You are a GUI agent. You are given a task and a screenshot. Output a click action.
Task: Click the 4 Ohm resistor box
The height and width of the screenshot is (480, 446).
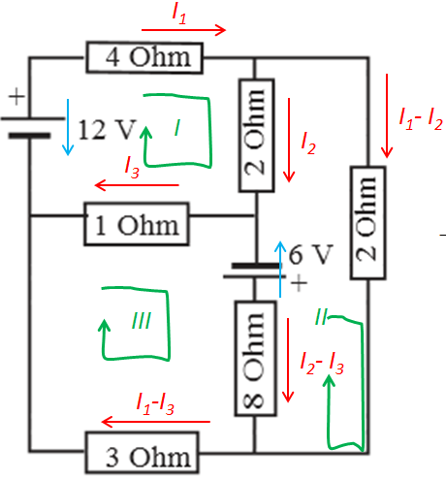point(144,57)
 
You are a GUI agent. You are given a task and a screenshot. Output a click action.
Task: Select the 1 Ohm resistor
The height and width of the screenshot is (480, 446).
point(137,224)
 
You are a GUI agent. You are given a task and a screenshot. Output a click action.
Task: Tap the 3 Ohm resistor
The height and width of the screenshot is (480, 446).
point(143,453)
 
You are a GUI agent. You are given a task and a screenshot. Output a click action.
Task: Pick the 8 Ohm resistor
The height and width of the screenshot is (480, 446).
point(255,358)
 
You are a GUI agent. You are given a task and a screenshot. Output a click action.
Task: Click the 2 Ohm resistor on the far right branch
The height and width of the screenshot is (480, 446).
point(367,223)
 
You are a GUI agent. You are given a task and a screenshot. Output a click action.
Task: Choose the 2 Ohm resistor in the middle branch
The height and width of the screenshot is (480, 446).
point(257,136)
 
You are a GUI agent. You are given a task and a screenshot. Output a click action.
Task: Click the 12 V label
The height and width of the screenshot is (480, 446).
point(107,130)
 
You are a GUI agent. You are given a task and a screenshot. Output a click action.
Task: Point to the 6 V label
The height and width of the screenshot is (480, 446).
point(310,254)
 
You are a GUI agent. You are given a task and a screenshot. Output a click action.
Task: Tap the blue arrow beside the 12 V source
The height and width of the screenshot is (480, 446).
point(68,127)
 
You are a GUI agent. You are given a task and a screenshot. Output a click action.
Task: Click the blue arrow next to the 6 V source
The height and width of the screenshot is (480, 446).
point(280,269)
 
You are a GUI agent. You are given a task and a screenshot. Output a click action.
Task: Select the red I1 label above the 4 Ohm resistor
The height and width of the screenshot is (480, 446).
point(179,15)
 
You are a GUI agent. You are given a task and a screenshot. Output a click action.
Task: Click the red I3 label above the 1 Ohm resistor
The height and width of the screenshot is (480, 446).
point(132,168)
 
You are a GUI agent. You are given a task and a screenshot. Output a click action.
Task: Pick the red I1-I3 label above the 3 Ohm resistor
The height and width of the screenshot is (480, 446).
point(155,404)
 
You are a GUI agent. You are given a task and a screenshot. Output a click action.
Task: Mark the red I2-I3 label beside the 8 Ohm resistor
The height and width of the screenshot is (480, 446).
point(322,364)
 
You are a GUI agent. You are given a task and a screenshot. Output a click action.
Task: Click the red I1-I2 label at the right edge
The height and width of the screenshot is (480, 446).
point(421,119)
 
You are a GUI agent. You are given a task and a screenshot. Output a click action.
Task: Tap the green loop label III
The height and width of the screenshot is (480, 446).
point(142,321)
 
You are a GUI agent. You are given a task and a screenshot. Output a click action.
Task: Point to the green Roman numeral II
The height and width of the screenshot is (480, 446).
point(321,316)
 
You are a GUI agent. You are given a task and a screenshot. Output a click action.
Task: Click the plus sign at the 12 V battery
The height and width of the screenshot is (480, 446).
point(16,96)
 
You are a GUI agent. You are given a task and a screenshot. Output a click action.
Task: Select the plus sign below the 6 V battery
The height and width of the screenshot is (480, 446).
point(299,283)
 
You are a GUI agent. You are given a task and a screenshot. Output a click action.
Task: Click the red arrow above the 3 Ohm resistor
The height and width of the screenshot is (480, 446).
point(156,422)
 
